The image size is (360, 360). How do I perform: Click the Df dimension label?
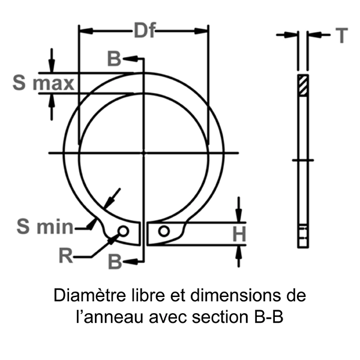point(145,30)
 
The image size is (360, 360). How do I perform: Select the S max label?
point(43,83)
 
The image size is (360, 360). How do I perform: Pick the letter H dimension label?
point(239,234)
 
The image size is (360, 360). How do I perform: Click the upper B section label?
point(114,59)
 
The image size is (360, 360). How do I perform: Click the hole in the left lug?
point(123,231)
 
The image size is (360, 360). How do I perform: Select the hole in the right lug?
point(163,231)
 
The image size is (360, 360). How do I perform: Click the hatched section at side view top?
point(303,84)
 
